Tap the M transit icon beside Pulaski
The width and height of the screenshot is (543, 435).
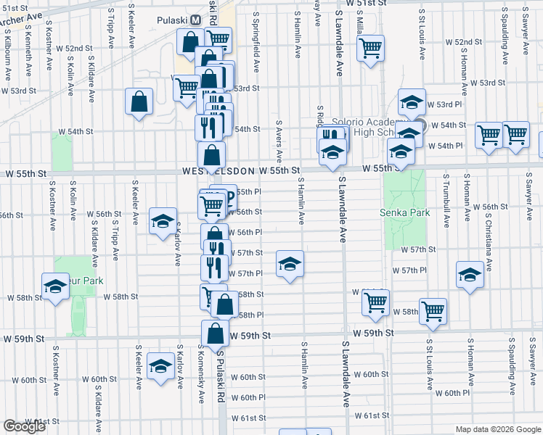click(195, 20)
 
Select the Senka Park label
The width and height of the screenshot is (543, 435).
click(405, 213)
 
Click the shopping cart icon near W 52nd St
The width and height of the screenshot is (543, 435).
click(371, 49)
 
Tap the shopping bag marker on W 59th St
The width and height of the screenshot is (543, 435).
click(215, 333)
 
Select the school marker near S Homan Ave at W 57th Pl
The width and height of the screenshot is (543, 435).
click(470, 275)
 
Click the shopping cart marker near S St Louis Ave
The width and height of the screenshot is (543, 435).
click(433, 310)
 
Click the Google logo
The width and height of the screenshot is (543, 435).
click(25, 426)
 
